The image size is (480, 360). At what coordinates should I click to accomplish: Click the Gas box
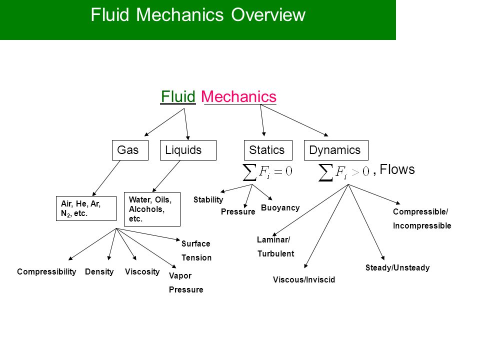pos(130,150)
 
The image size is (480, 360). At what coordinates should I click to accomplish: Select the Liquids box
pos(188,150)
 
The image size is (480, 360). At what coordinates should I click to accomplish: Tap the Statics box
pos(268,150)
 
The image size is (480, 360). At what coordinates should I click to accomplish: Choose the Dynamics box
pos(336,150)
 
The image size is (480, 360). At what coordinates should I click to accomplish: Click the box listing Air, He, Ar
pos(86,208)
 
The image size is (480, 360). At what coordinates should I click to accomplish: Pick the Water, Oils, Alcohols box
pos(152,209)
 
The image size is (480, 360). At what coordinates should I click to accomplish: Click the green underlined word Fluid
pos(178,96)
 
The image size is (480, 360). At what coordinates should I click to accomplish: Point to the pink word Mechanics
pos(239,96)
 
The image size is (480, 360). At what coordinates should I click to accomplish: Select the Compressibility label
pos(46,271)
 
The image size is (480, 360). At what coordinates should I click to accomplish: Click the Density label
pos(99,271)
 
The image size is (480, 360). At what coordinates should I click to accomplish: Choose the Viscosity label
pos(142,271)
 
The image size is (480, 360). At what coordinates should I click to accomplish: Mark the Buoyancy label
pos(280,207)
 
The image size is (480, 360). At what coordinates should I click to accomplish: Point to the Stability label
pos(208,199)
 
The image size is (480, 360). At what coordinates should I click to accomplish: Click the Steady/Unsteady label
pos(397,267)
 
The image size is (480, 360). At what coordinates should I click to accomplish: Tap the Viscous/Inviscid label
pos(304,279)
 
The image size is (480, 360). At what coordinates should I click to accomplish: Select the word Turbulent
pos(276,253)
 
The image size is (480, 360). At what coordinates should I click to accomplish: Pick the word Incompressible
pos(422,225)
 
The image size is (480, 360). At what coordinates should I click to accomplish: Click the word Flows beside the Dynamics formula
pos(397,169)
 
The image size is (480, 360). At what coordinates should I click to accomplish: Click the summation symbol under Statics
pos(249,172)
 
